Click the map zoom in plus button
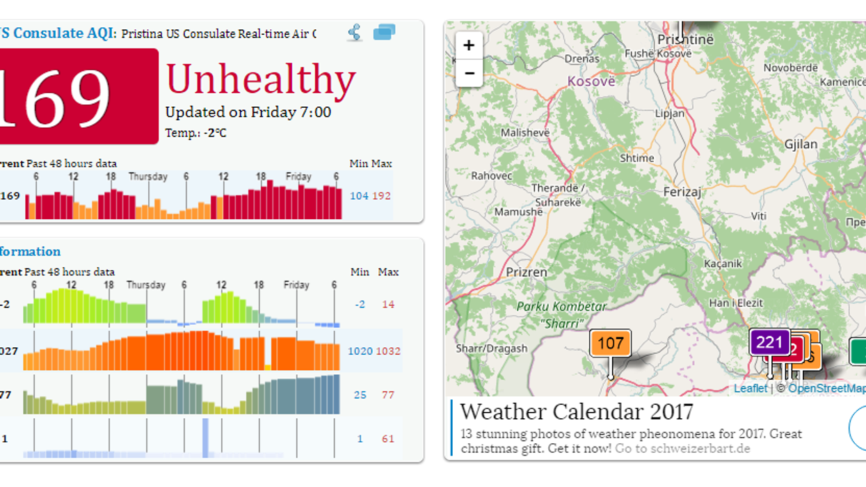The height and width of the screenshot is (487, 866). (x=469, y=45)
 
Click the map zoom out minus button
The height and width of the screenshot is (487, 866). (x=469, y=73)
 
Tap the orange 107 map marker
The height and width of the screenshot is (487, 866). (x=610, y=343)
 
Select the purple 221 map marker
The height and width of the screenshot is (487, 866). (x=769, y=342)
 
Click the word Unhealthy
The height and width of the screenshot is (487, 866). (x=261, y=79)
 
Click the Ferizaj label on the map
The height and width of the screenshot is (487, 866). (x=682, y=191)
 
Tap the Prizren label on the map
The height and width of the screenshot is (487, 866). (x=527, y=272)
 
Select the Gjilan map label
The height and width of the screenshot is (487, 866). (x=801, y=144)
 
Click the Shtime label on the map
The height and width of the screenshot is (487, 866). (x=637, y=158)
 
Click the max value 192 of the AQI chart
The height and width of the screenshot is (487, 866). (x=381, y=196)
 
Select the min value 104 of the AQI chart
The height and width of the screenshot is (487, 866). (x=359, y=196)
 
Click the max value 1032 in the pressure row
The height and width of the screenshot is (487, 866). (x=388, y=351)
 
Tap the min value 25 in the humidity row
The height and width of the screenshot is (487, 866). (x=360, y=395)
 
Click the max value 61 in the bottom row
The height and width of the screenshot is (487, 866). (x=387, y=439)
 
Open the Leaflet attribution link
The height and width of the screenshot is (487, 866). (x=751, y=388)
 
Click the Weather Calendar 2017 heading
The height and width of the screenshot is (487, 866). (x=577, y=411)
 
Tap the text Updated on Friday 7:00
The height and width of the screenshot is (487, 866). (x=248, y=112)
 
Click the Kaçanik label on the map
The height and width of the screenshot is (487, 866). (x=723, y=264)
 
